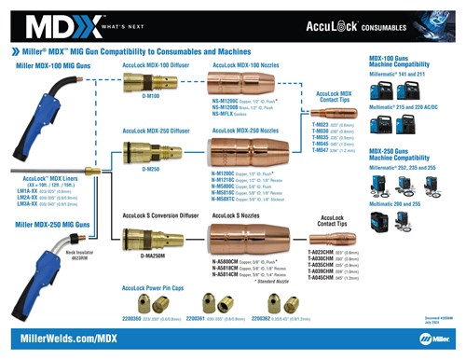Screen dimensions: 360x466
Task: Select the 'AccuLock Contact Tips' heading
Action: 338,221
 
